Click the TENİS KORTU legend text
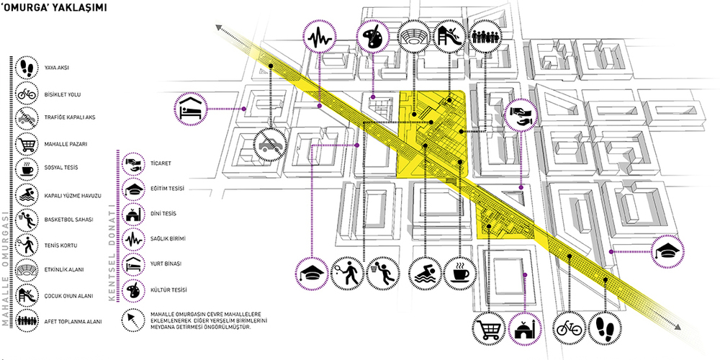point(60,246)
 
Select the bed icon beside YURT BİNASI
point(134,264)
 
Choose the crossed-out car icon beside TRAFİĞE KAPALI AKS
point(28,118)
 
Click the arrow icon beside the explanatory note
point(133,320)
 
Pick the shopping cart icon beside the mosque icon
point(489,329)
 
